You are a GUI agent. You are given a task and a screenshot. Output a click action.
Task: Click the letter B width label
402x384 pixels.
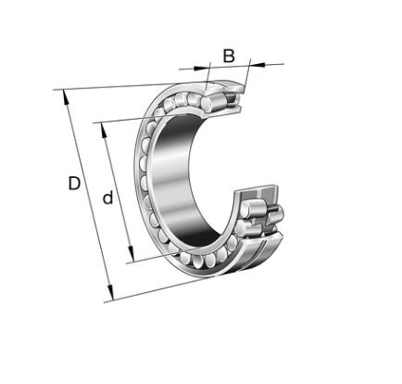point(229,57)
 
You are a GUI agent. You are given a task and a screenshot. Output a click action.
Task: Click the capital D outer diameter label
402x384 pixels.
point(74,183)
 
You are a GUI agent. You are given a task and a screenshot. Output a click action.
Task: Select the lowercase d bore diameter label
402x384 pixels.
point(107,198)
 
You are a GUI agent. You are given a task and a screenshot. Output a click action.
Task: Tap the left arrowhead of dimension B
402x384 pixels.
point(201,68)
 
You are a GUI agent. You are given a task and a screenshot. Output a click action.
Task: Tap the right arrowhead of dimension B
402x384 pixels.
point(257,64)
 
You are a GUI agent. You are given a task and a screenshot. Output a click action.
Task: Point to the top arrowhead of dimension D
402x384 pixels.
point(66,97)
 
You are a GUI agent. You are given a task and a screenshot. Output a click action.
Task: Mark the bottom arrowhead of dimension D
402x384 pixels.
point(111,292)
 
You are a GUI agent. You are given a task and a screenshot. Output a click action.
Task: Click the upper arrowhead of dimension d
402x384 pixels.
point(105,130)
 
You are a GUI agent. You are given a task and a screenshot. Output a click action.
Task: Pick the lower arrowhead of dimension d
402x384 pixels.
point(132,254)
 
